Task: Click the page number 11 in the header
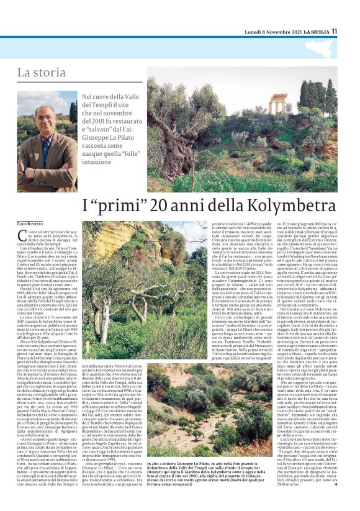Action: click(334, 31)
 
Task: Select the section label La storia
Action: click(53, 73)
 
